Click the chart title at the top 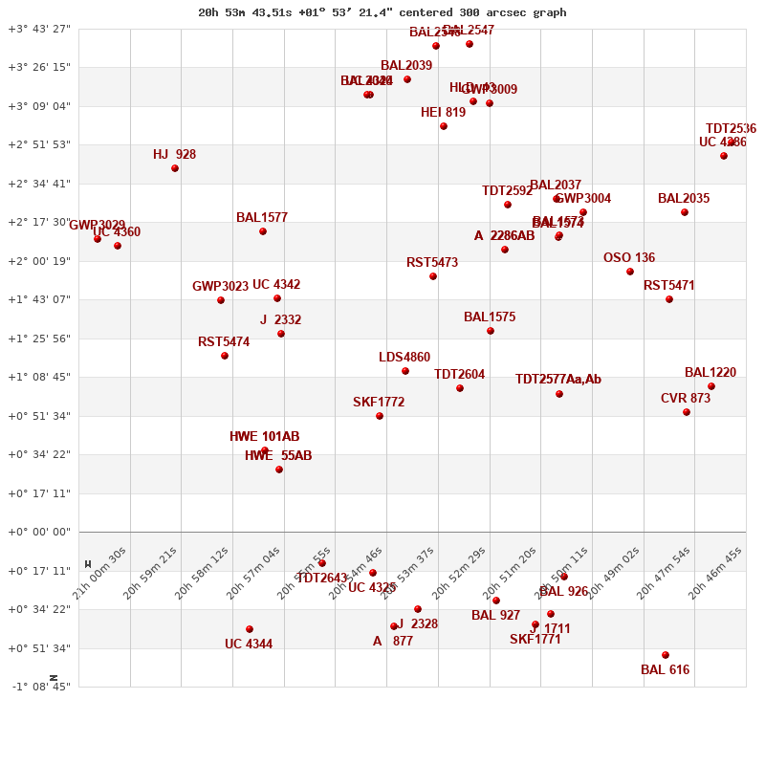[x=382, y=12]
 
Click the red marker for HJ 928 [x=175, y=168]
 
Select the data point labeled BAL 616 [x=666, y=655]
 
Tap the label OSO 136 [x=629, y=258]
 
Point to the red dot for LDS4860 [x=405, y=371]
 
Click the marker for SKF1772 [x=380, y=416]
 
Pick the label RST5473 [x=432, y=263]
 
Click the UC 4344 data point [x=250, y=629]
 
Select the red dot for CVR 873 [x=687, y=412]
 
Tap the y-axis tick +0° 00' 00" [x=39, y=532]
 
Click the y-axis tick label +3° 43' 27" [x=39, y=29]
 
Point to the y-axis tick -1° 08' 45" [x=39, y=687]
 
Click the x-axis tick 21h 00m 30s [x=100, y=571]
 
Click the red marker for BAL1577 [x=263, y=231]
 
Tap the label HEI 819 [x=443, y=113]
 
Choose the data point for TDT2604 [x=460, y=388]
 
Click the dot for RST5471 [x=669, y=299]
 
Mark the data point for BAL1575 [x=491, y=331]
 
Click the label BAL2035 [x=684, y=199]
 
